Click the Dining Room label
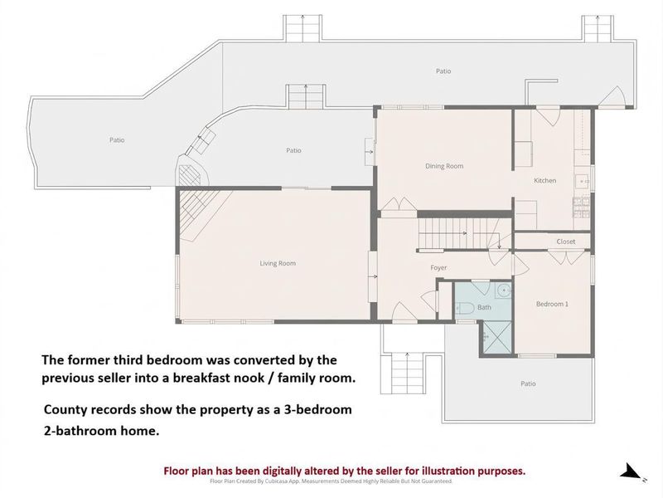point(444,166)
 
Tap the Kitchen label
point(544,180)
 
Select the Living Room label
point(278,263)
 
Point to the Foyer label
point(438,267)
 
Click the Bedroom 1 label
point(552,304)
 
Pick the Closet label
point(566,242)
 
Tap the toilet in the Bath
point(465,308)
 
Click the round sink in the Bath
point(504,290)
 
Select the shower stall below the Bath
point(497,337)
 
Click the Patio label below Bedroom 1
point(528,383)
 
